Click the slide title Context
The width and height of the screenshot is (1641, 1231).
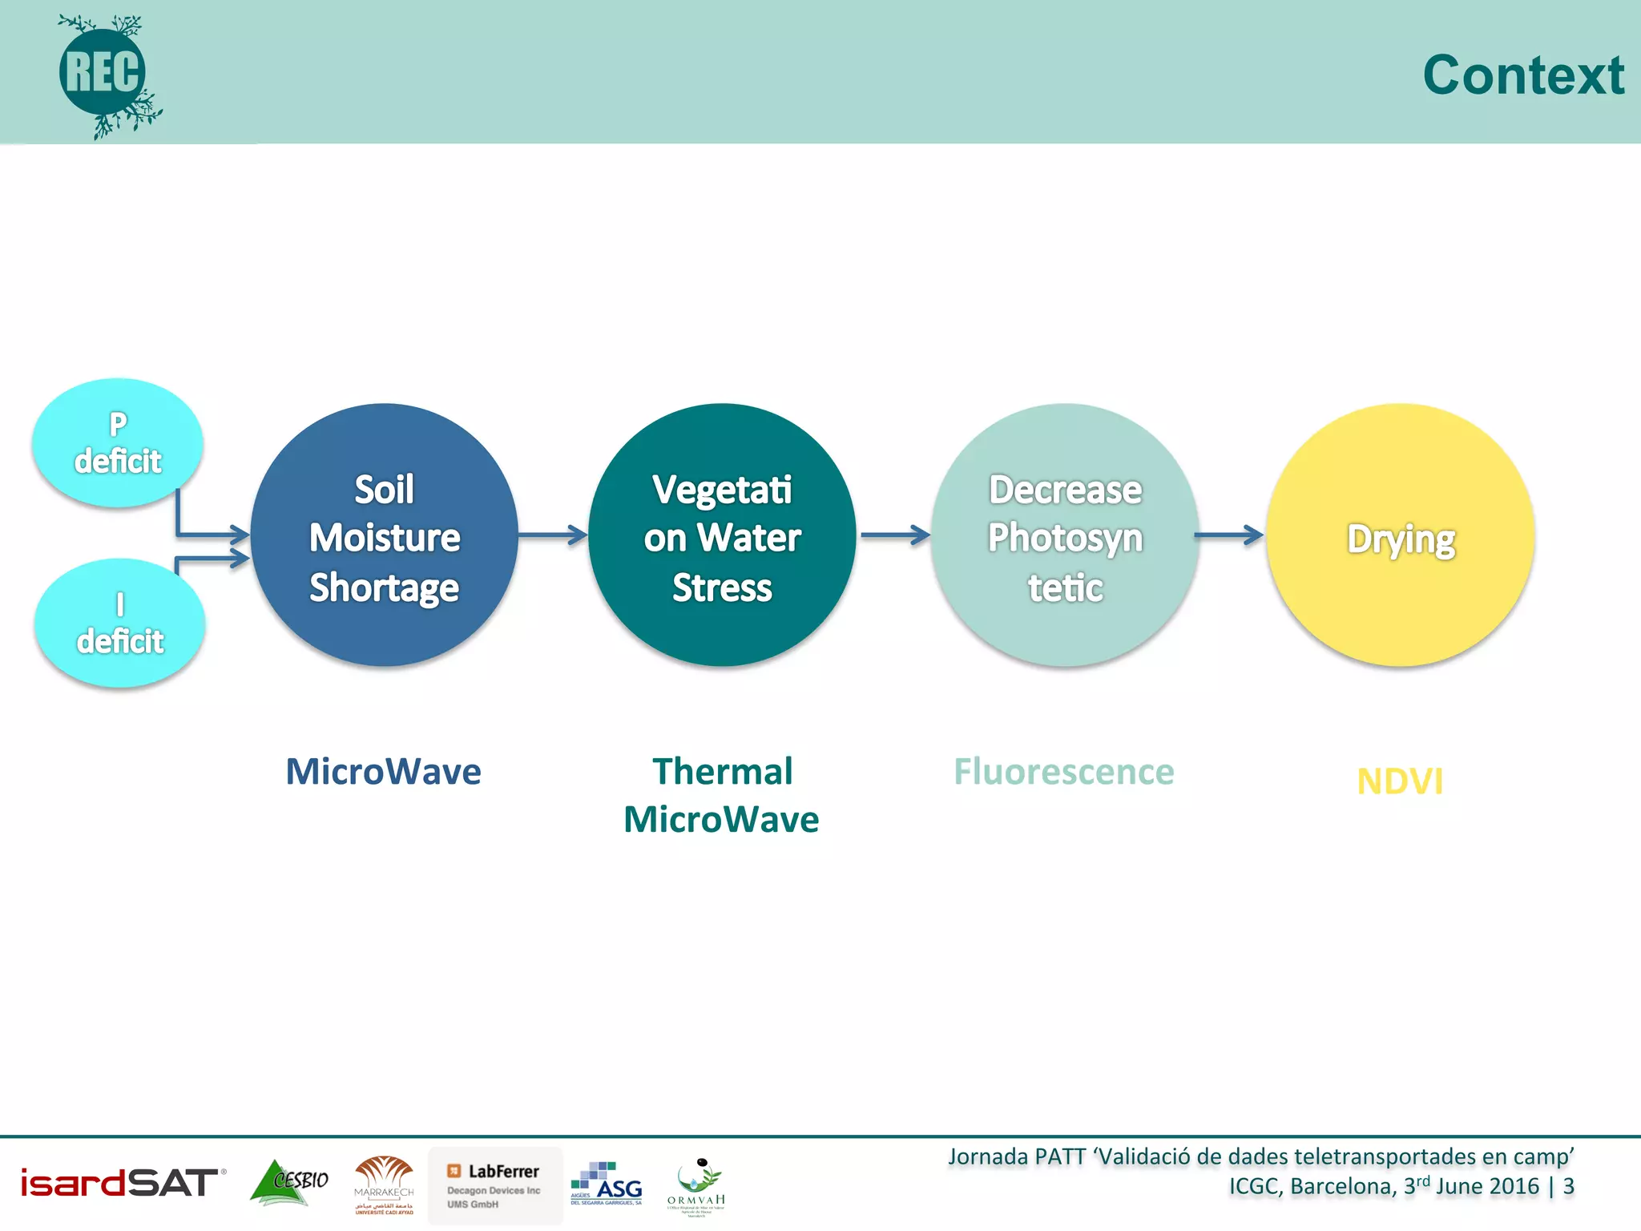coord(1522,75)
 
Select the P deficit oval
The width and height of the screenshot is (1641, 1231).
coord(118,442)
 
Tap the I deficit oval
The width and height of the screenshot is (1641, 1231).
coord(120,624)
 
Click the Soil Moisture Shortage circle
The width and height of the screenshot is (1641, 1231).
coord(385,535)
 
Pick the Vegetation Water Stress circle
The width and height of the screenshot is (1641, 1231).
coord(722,535)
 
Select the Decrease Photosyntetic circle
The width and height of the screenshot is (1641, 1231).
coord(1065,535)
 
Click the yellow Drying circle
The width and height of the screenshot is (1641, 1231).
coord(1400,535)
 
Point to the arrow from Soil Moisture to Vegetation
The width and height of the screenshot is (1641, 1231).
coord(553,535)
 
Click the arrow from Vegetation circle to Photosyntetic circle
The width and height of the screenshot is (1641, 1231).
coord(894,535)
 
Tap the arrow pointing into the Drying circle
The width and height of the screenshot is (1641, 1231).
coord(1229,535)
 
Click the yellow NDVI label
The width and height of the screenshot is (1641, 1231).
coord(1400,781)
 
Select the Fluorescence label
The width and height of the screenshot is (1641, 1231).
coord(1063,772)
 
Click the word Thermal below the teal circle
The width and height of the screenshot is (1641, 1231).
coord(722,772)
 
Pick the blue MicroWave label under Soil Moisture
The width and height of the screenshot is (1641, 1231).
coord(383,772)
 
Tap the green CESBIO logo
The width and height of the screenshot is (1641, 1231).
coord(289,1182)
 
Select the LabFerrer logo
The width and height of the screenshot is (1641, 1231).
coord(495,1185)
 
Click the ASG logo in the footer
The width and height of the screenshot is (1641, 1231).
coord(607,1184)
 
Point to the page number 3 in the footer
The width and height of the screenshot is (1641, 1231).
coord(1568,1186)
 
